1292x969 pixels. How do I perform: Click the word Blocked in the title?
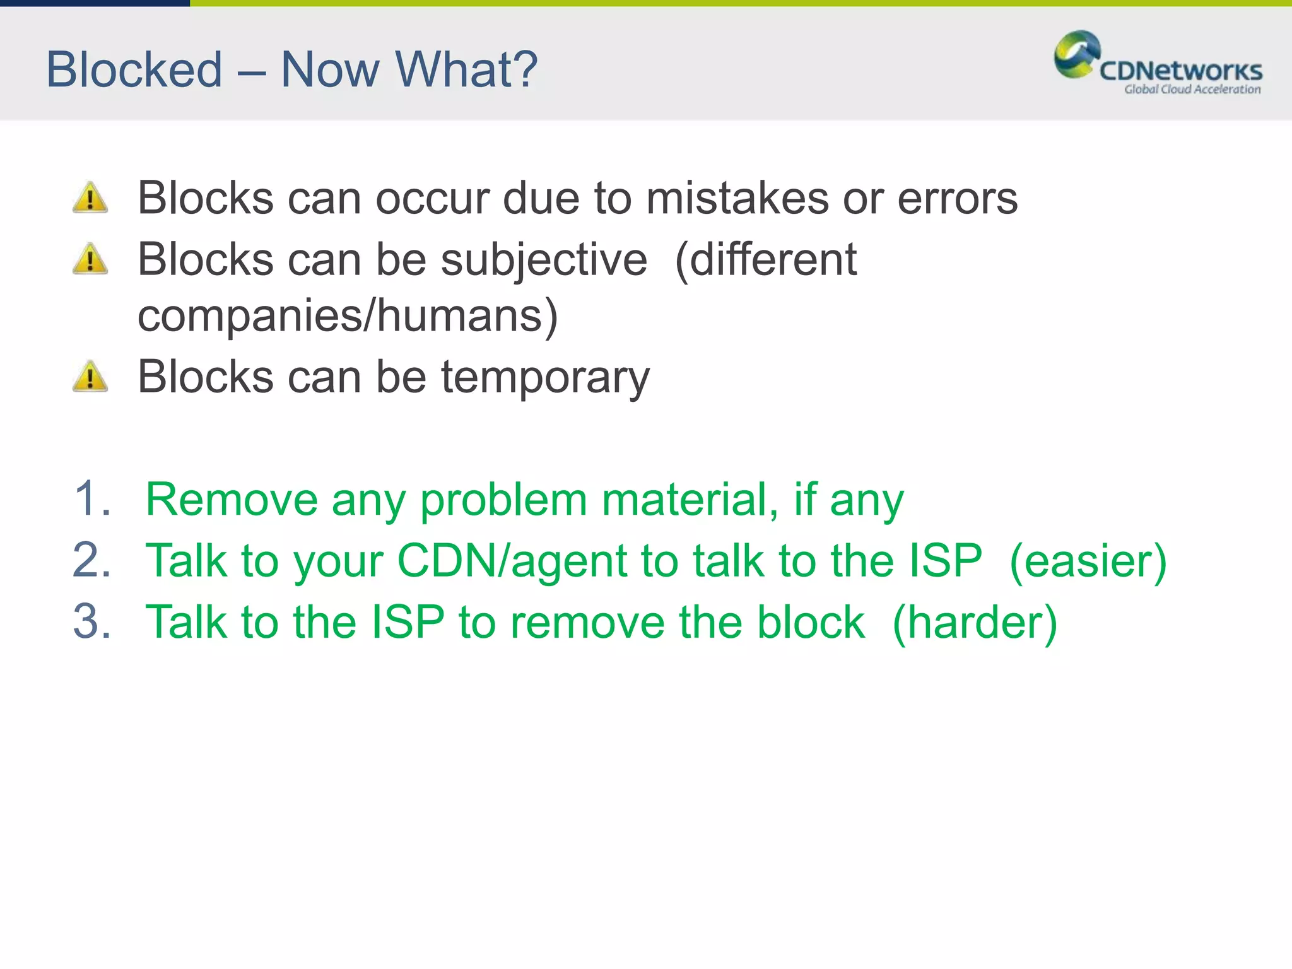[134, 69]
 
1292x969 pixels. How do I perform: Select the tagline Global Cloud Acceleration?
[1192, 90]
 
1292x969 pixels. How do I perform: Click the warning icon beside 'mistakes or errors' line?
[90, 197]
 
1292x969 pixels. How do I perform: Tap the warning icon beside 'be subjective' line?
[90, 259]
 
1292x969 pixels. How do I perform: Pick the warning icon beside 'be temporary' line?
[90, 377]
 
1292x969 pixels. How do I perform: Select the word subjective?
[543, 260]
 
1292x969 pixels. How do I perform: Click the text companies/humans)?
[348, 315]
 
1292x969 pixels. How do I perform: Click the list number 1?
[91, 498]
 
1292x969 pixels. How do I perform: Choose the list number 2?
[91, 560]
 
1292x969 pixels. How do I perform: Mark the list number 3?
[91, 621]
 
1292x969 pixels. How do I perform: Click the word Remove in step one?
[231, 500]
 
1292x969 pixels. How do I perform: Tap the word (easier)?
[1088, 561]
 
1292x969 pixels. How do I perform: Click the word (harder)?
[975, 623]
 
